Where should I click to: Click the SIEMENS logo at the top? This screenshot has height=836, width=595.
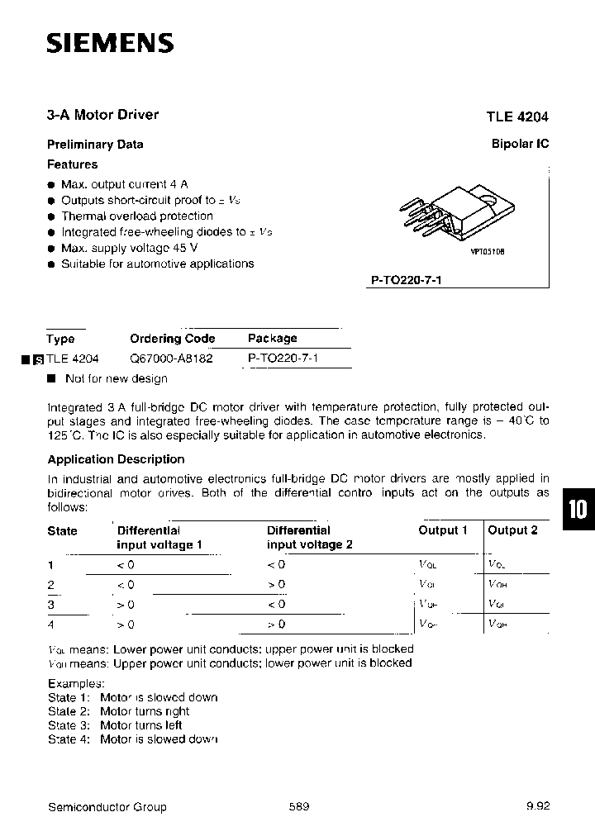(x=110, y=43)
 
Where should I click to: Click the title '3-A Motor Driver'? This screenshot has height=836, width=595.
(x=102, y=115)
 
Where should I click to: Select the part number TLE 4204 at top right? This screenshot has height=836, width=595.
(x=517, y=116)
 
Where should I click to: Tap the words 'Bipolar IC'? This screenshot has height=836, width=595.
(x=521, y=144)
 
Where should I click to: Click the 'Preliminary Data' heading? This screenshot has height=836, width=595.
(x=95, y=145)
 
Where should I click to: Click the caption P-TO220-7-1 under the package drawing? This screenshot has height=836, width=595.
(x=407, y=280)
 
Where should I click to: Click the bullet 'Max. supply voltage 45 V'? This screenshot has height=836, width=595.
(x=129, y=248)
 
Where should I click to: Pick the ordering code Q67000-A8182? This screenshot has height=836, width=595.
(x=171, y=359)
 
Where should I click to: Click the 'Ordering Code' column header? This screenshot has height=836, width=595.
(x=172, y=339)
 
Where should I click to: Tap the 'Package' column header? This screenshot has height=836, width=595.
(x=272, y=339)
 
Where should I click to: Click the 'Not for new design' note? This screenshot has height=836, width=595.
(x=116, y=378)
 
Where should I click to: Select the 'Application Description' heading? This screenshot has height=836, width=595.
(x=116, y=459)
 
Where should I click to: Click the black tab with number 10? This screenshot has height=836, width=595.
(x=578, y=509)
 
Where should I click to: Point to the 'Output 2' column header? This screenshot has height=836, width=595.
(x=512, y=530)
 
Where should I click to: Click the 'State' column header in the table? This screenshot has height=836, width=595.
(x=62, y=531)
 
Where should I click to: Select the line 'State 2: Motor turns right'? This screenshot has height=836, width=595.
(x=118, y=711)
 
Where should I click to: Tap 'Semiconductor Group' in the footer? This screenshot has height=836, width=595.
(x=107, y=806)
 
